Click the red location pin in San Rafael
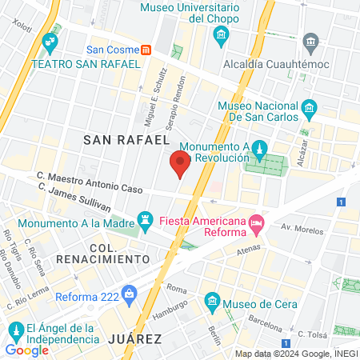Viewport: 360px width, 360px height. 180,165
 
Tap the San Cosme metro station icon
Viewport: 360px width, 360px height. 146,50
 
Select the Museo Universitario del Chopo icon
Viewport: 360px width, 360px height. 222,35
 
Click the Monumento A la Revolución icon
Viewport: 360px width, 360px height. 260,149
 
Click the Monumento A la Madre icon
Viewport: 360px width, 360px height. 145,218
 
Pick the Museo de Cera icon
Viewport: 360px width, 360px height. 212,302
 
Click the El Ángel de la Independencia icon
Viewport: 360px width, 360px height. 14,330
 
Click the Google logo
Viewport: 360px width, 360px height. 26,350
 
